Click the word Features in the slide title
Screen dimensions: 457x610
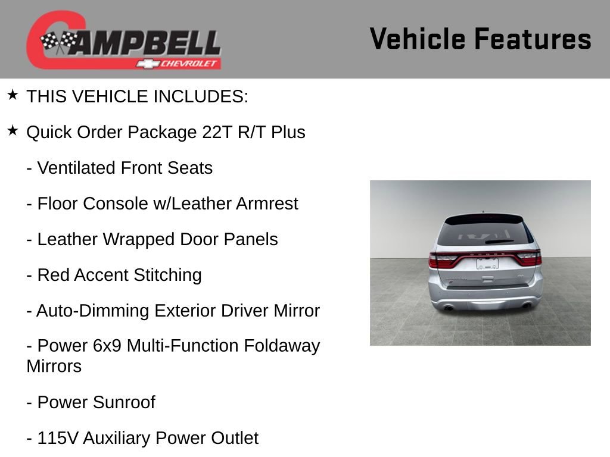[533, 39]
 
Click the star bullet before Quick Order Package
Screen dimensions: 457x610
[13, 131]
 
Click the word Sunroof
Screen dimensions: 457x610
[125, 402]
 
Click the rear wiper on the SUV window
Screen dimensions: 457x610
[499, 242]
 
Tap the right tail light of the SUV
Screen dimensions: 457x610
[528, 258]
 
